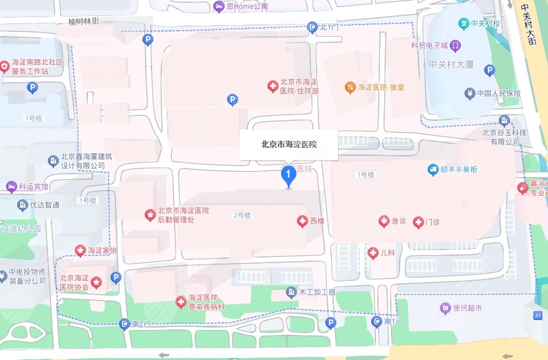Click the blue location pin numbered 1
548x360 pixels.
coord(288,177)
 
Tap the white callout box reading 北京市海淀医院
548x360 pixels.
coord(288,145)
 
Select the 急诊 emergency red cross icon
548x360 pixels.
coord(384,221)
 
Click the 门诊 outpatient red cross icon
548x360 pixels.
coord(418,221)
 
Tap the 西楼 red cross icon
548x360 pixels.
coord(302,221)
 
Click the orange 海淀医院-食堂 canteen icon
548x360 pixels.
coord(350,87)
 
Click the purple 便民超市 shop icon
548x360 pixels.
coord(445,307)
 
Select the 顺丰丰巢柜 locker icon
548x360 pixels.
coord(433,169)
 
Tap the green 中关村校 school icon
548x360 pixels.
coord(465,23)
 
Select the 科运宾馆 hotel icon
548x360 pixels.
coord(10,186)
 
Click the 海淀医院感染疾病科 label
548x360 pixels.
coord(207,301)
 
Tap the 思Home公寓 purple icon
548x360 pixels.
coord(219,7)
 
